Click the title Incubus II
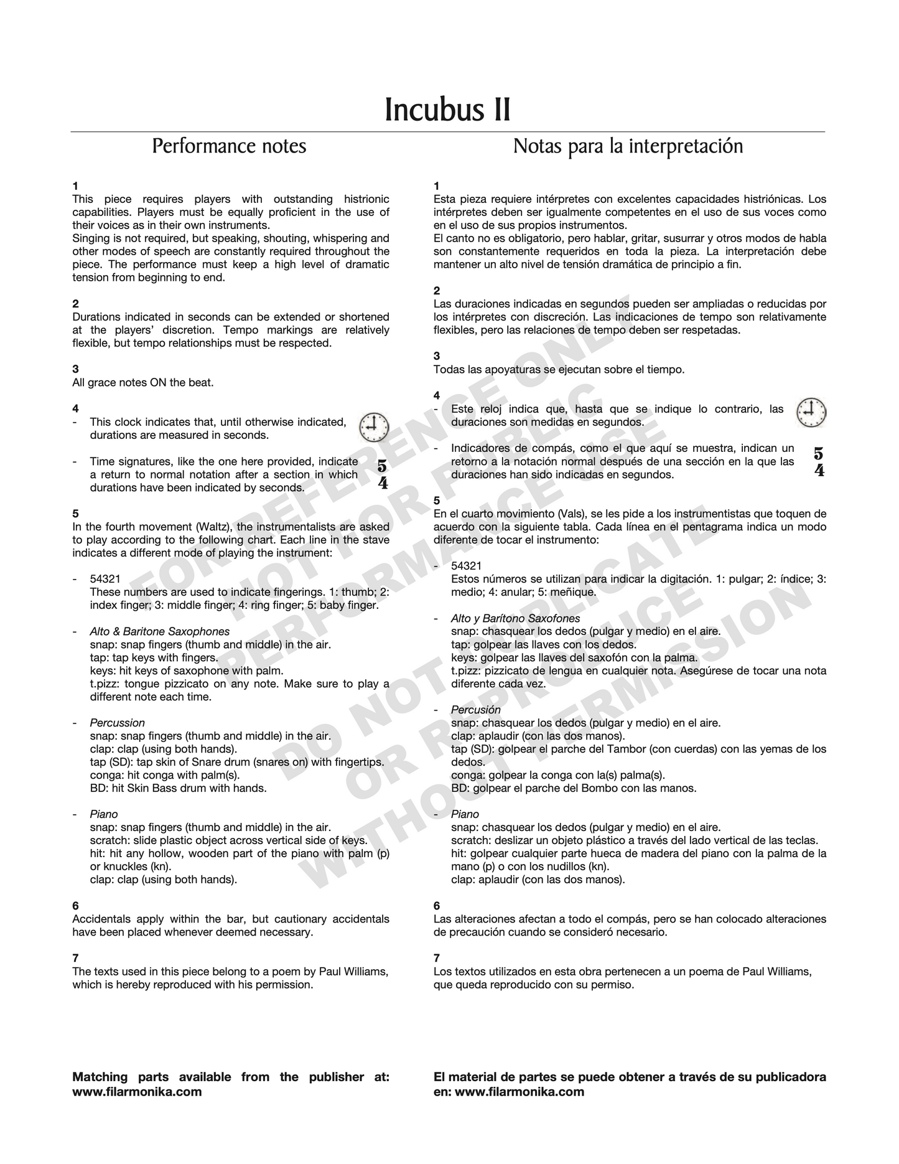coord(448,110)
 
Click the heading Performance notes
coord(229,146)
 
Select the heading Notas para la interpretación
coord(628,146)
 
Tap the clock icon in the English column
coord(374,427)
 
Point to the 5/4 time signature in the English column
coord(382,474)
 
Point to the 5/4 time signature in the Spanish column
coord(819,462)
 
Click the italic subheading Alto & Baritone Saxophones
coord(159,631)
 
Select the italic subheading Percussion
coord(117,723)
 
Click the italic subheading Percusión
coord(475,710)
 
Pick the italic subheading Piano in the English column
coord(103,814)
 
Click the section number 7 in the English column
coord(75,958)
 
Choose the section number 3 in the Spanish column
coord(437,356)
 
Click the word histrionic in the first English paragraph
coord(366,199)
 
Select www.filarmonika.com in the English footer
coord(137,1092)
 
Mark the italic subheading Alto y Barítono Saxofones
coord(515,618)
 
